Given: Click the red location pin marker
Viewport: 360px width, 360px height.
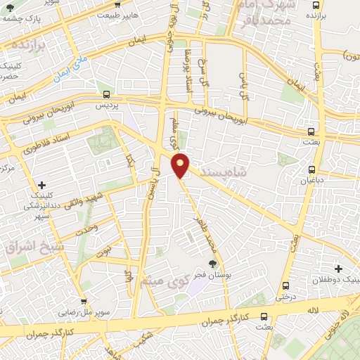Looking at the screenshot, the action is tap(181, 165).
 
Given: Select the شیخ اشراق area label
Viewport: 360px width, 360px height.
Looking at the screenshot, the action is tap(24, 249).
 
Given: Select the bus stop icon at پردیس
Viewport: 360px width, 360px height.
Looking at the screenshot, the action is tap(106, 94).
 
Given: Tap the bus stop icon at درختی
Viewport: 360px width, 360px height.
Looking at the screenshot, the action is tap(285, 285).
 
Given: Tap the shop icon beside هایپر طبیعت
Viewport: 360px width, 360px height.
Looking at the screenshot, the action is tap(86, 14).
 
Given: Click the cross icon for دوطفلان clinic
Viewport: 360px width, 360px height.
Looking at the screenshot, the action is tap(338, 269).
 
